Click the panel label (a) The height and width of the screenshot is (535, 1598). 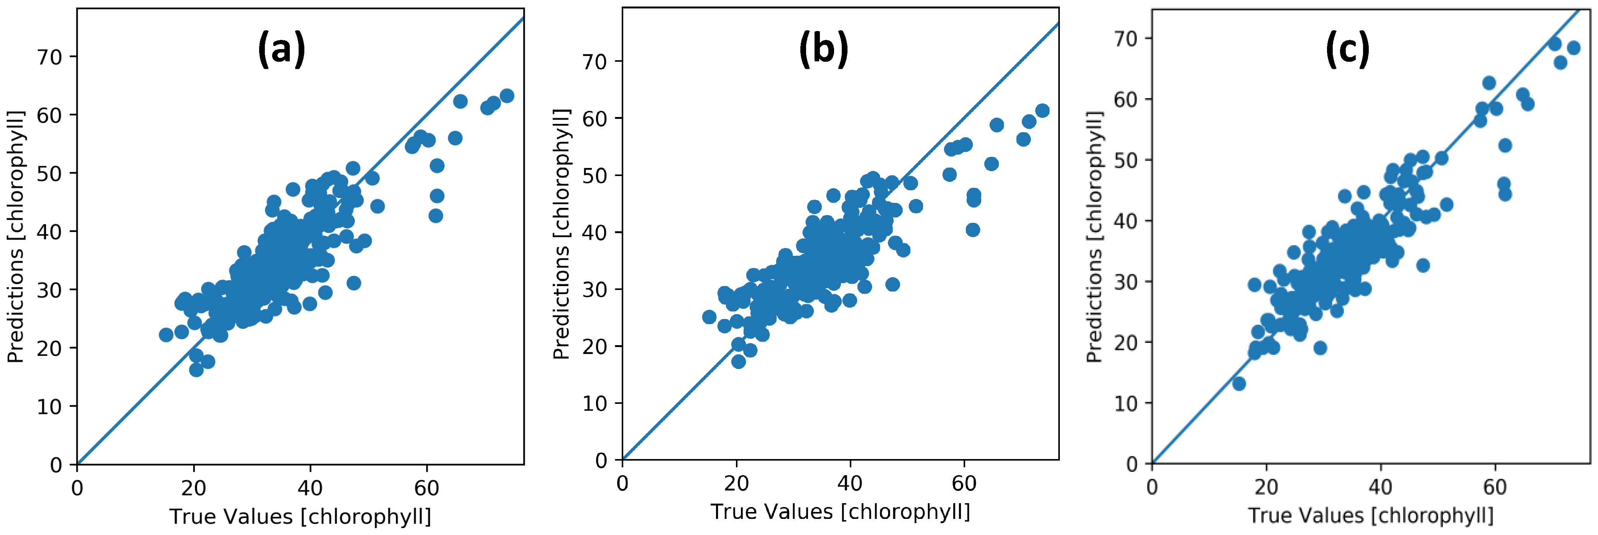click(x=282, y=49)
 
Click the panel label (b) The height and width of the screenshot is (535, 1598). click(x=823, y=49)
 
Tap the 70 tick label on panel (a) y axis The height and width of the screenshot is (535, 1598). click(x=49, y=57)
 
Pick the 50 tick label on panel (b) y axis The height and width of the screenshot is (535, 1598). click(x=594, y=176)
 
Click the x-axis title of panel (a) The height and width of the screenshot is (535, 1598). click(x=300, y=516)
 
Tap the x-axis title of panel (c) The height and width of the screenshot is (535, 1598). click(x=1371, y=515)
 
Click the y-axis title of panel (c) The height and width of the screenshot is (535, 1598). click(x=1094, y=237)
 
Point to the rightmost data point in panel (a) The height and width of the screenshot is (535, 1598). click(x=507, y=95)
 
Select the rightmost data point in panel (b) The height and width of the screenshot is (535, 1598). click(x=1043, y=110)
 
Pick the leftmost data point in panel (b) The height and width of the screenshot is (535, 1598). click(x=709, y=317)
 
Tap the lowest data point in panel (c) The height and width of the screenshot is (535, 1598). click(x=1239, y=384)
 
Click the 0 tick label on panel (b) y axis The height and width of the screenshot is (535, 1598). click(x=601, y=461)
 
